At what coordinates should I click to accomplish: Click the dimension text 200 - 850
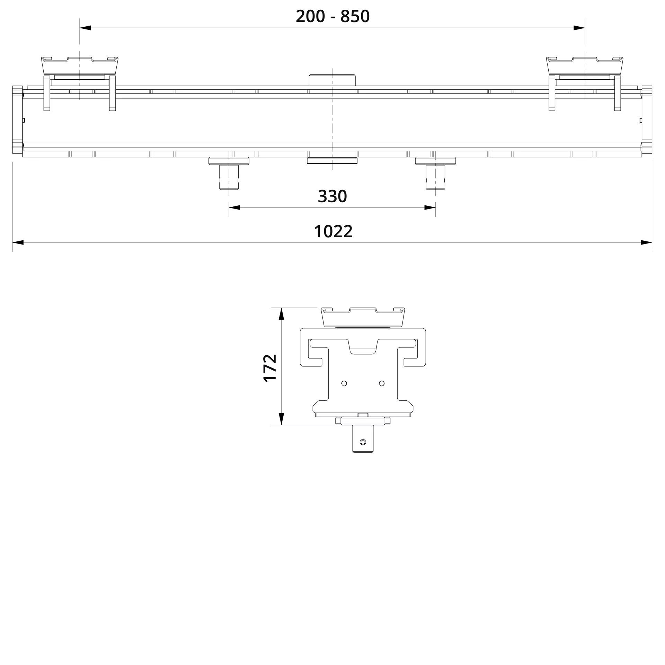pos(332,16)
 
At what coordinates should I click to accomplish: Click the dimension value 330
pos(332,196)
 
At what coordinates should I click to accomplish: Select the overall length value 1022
pos(333,231)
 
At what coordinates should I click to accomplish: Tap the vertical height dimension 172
pos(270,368)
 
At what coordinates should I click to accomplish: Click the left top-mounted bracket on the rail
pos(80,65)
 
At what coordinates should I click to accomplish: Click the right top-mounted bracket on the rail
pos(585,65)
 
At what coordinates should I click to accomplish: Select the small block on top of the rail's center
pos(332,80)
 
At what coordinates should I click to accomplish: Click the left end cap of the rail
pos(17,119)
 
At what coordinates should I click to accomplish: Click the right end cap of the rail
pos(647,119)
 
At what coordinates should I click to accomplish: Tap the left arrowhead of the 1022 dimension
pos(18,242)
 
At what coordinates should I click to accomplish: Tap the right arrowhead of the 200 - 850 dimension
pos(579,28)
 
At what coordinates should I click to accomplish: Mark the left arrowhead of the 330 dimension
pos(234,207)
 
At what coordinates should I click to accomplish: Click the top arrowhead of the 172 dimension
pos(281,314)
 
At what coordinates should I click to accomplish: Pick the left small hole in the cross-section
pos(344,383)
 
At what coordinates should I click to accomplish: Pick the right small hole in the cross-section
pos(382,383)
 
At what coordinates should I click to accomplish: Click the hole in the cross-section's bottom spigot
pos(363,442)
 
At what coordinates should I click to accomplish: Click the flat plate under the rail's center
pos(332,161)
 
